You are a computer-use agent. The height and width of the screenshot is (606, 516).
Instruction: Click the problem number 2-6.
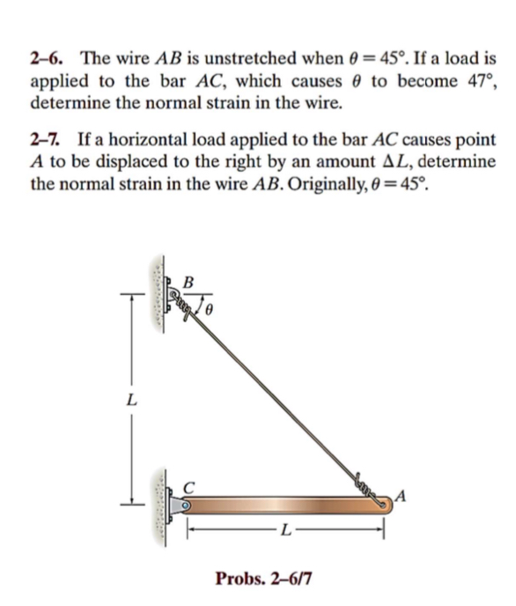point(48,60)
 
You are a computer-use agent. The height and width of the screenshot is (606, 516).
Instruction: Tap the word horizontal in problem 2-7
point(158,140)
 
